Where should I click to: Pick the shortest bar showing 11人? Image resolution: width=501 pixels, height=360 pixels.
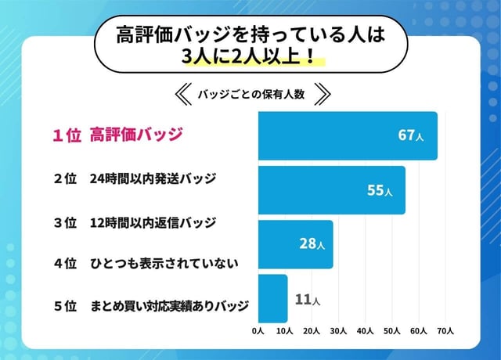272,298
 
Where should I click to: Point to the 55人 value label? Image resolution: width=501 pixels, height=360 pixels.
380,190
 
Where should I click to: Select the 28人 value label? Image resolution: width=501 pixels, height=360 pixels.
310,244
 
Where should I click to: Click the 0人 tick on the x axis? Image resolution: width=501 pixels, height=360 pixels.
258,331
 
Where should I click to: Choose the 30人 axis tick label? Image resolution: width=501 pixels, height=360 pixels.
338,331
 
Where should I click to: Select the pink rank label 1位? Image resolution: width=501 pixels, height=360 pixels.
67,135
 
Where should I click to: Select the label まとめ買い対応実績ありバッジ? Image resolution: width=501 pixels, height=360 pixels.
169,305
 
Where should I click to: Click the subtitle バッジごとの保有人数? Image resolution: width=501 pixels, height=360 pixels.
250,94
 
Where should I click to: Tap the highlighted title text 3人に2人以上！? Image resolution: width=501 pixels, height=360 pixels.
250,56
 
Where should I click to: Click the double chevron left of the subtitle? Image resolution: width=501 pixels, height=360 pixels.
181,94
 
